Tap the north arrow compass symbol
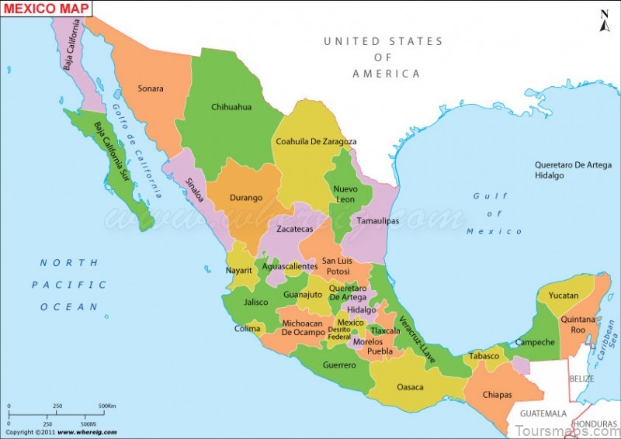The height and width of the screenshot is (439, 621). (605, 19)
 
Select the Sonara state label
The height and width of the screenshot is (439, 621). (151, 88)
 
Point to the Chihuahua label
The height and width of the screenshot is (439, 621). (231, 107)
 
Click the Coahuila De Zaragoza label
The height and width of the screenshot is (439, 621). (316, 141)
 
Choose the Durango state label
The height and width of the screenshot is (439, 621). (245, 198)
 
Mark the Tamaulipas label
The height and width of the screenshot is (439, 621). (377, 221)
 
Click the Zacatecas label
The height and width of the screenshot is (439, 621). (295, 230)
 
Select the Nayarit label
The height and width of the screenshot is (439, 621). (239, 270)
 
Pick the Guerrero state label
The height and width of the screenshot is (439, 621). (339, 365)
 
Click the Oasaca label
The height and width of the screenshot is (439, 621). (410, 386)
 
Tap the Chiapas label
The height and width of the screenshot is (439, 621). (497, 394)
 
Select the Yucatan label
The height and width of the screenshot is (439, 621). (564, 296)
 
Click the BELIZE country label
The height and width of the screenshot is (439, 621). (581, 379)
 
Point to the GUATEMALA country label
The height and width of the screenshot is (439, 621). (543, 413)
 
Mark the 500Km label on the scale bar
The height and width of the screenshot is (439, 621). (107, 406)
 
